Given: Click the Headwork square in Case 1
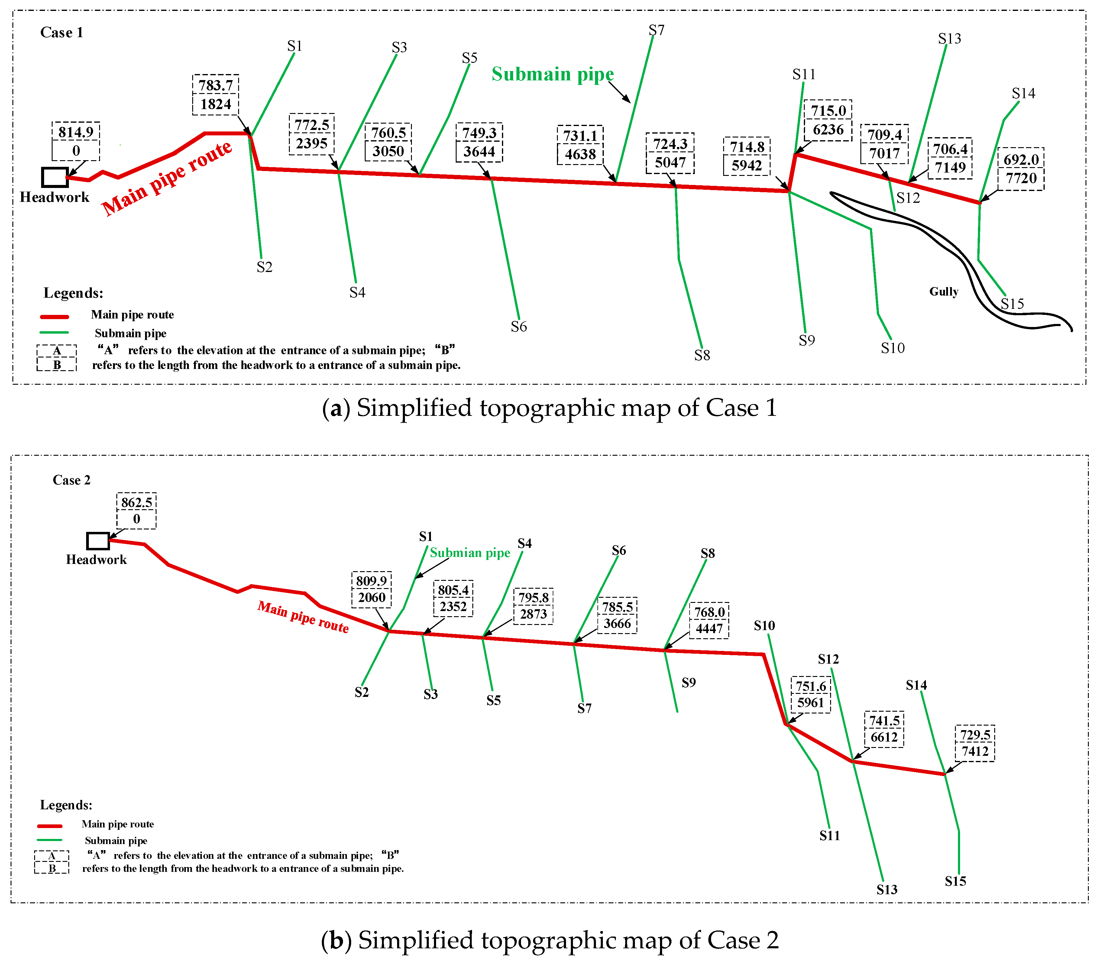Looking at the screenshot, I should coord(55,177).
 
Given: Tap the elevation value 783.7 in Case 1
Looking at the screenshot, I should coord(215,85).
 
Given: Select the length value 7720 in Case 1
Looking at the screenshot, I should coord(1021,178).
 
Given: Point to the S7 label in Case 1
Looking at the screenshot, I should coord(656,31).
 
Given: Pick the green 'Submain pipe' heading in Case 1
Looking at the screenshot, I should coord(552,74).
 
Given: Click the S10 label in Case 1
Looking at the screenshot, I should coord(892,348).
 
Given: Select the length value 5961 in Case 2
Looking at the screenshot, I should coord(810,703).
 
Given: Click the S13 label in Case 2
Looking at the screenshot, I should coord(887,890).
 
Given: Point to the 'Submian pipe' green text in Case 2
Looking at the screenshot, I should coord(470,553).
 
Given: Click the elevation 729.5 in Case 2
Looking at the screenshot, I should coord(975,735).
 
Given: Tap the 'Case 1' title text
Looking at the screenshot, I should coord(62,33).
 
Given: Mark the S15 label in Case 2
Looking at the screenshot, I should coord(955,881).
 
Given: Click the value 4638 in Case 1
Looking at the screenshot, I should coord(580,154).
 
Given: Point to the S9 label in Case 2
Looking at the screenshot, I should coord(689,683).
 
